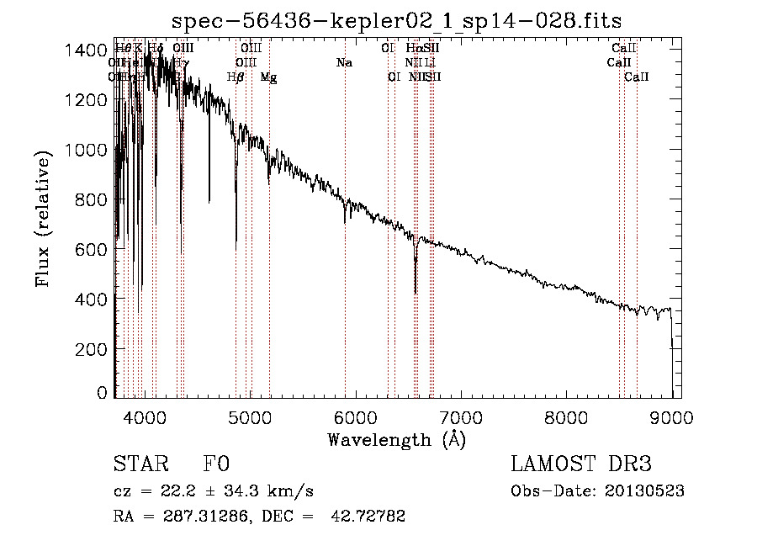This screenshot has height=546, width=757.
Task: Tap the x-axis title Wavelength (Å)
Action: point(396,439)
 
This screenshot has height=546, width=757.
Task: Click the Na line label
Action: point(344,63)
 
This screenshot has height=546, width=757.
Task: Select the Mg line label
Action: point(268,77)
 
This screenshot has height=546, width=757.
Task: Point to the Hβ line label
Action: point(236,77)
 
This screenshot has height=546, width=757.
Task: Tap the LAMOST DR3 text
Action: point(580,464)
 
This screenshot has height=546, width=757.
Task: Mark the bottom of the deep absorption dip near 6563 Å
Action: point(416,293)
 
